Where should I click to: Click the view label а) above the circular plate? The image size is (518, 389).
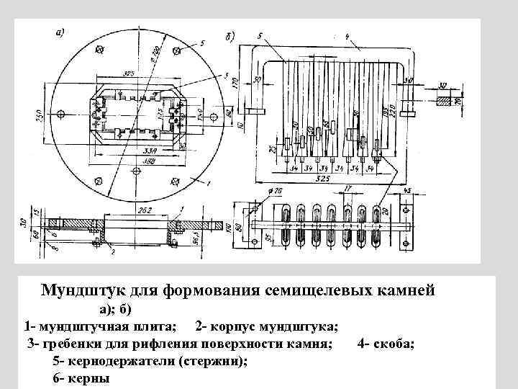pyautogui.click(x=60, y=32)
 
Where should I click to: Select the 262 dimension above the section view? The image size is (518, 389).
pyautogui.click(x=144, y=210)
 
